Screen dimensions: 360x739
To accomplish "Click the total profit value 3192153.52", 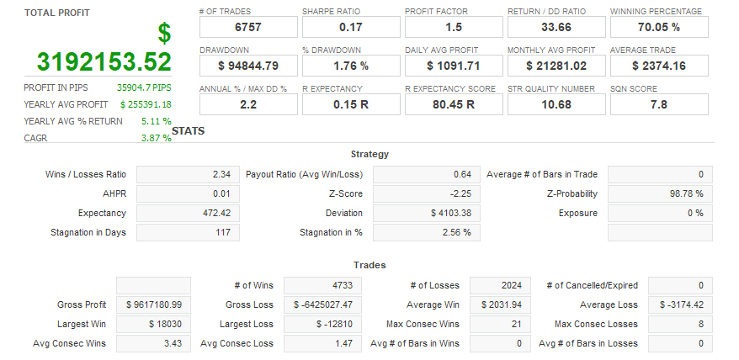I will pyautogui.click(x=104, y=61).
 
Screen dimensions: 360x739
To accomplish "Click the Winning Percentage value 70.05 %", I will pyautogui.click(x=658, y=27).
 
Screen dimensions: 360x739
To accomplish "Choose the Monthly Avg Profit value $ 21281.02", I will pyautogui.click(x=556, y=66).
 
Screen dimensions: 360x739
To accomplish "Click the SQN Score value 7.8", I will pyautogui.click(x=658, y=104).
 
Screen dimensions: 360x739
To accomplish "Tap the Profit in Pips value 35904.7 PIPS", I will pyautogui.click(x=144, y=87).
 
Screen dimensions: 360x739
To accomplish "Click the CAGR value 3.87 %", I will pyautogui.click(x=156, y=138).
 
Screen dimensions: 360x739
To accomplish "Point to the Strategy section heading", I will pyautogui.click(x=369, y=154).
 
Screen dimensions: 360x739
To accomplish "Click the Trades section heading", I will pyautogui.click(x=369, y=265).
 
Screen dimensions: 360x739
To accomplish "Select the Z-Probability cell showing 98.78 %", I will pyautogui.click(x=659, y=193).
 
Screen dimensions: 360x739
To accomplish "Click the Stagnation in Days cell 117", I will pyautogui.click(x=187, y=232).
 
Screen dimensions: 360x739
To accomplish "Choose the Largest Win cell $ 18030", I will pyautogui.click(x=152, y=324).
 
